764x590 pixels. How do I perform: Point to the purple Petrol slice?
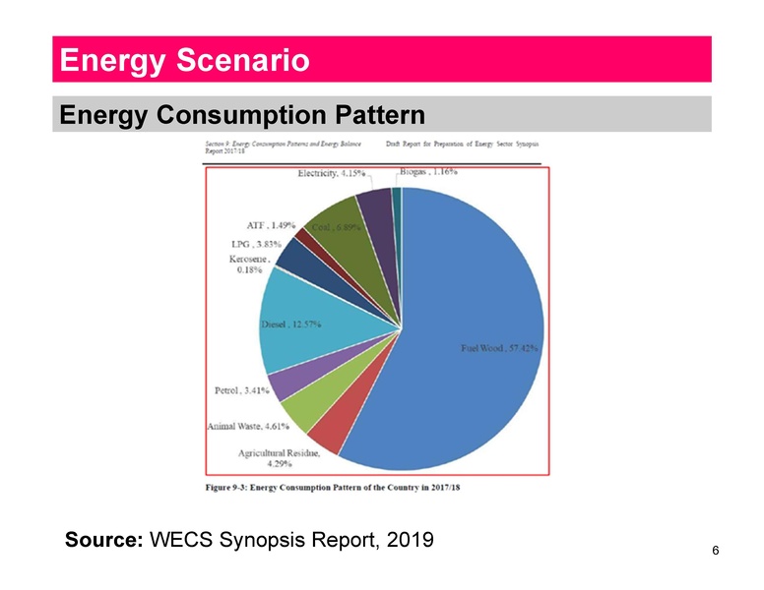(280, 383)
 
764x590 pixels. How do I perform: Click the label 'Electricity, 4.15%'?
(331, 174)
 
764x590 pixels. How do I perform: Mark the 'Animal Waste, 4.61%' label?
(250, 426)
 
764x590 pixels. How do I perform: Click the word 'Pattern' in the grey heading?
(375, 115)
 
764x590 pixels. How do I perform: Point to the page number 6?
(715, 552)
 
